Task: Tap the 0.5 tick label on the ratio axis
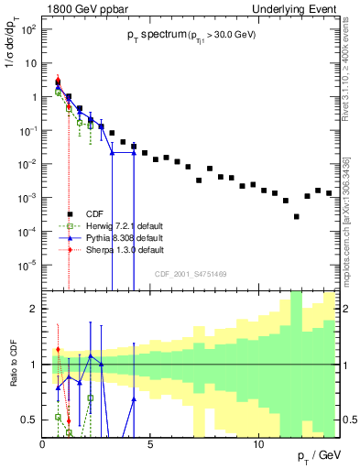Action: [29, 420]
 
